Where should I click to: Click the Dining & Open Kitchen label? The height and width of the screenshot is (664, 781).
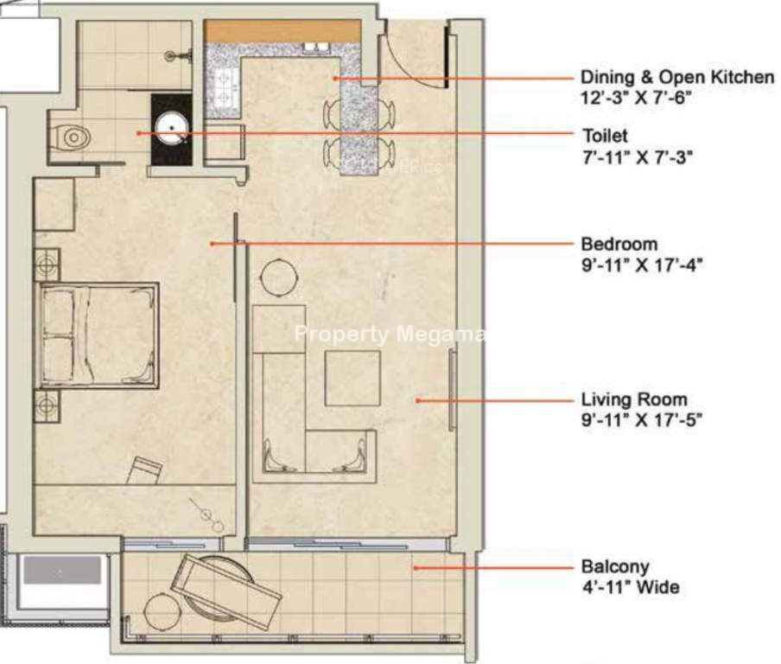(677, 77)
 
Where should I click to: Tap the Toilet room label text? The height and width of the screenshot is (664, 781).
(605, 136)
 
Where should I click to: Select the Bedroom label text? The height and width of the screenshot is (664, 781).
(619, 244)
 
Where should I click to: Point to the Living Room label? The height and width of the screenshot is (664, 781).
(634, 399)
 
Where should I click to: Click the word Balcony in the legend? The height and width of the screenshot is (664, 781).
(615, 567)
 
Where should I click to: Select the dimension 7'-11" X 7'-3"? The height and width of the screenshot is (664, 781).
(638, 157)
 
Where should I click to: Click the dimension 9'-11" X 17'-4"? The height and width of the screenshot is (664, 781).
(642, 265)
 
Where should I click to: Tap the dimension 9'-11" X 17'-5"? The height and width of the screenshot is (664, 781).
(642, 420)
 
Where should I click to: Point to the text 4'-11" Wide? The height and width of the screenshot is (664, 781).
(631, 587)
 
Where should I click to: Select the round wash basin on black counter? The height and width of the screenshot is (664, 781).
(171, 128)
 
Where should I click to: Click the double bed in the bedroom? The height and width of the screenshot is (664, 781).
(97, 335)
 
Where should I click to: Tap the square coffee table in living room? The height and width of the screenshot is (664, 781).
(352, 378)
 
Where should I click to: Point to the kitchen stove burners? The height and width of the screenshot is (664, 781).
(223, 86)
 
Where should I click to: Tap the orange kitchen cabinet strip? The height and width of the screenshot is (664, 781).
(282, 31)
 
